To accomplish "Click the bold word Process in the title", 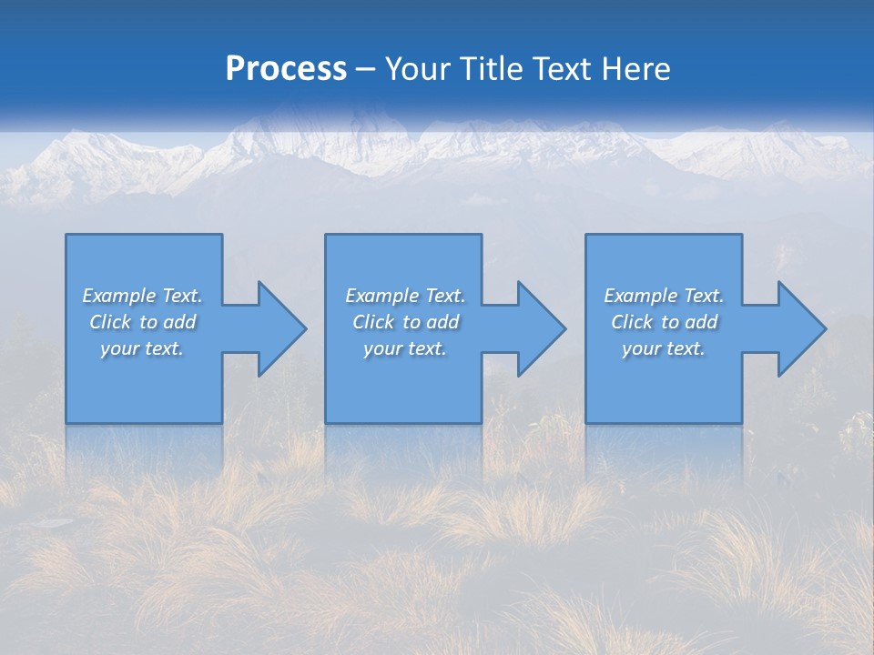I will tap(286, 69).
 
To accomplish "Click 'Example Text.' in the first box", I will tap(142, 296).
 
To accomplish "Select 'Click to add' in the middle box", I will tap(405, 322).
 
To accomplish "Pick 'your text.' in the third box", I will tap(663, 348).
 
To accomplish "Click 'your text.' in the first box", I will tap(142, 348).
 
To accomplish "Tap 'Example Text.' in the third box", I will tap(663, 296).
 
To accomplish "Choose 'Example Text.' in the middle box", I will tap(405, 296).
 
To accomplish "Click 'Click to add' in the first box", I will tap(142, 322).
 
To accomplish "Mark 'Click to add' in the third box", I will tap(664, 322).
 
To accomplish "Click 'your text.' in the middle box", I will tap(405, 348).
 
